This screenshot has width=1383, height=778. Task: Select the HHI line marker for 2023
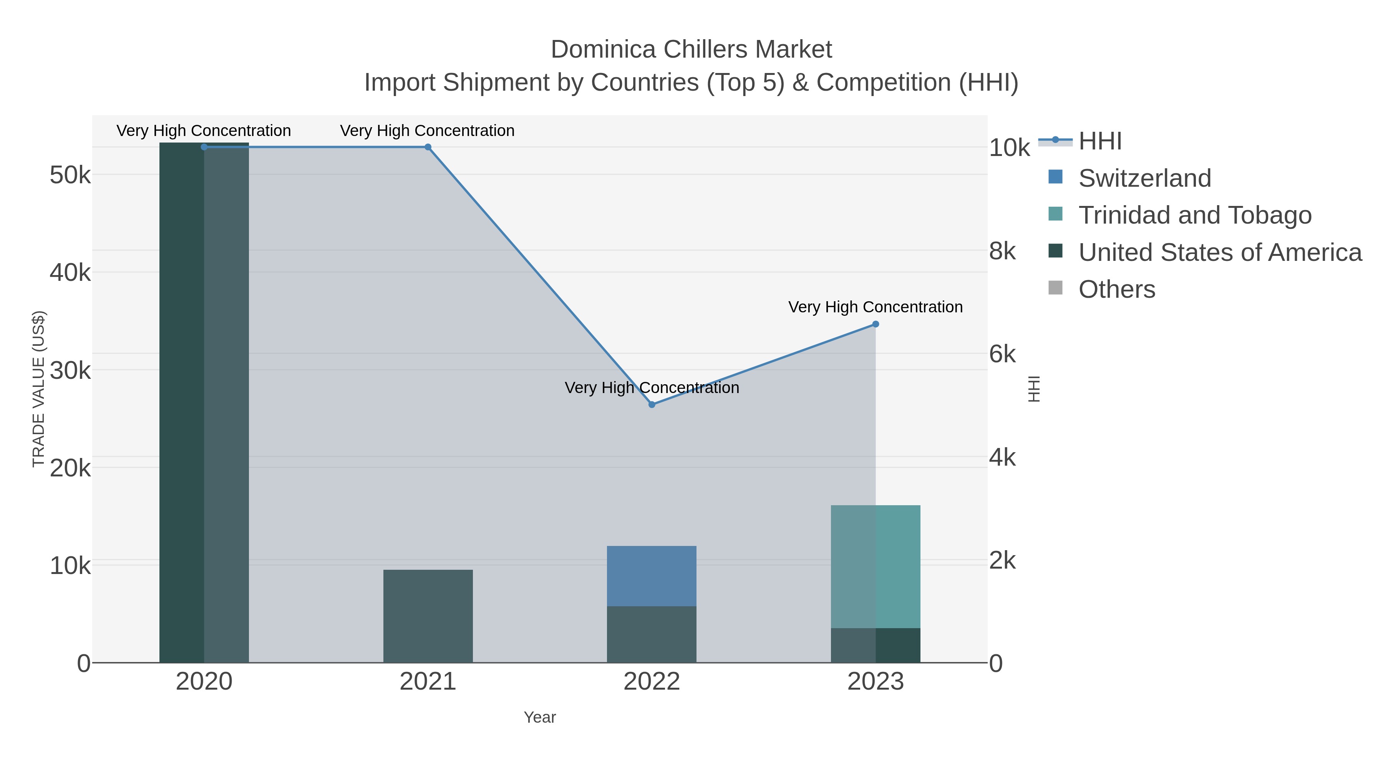click(x=875, y=324)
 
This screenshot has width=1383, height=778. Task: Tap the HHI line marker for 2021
click(x=428, y=147)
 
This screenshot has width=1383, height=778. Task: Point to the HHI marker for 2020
click(x=204, y=147)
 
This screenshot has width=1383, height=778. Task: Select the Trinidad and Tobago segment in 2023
click(x=875, y=566)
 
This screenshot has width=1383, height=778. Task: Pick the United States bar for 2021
click(x=428, y=616)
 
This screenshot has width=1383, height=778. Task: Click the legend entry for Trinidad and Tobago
click(x=1194, y=215)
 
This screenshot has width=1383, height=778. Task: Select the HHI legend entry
click(x=1099, y=141)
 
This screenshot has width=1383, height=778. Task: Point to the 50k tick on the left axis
click(x=70, y=175)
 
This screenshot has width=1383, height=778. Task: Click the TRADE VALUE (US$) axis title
click(x=39, y=389)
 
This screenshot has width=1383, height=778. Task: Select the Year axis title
click(x=540, y=717)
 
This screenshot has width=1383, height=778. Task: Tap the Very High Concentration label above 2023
click(x=875, y=307)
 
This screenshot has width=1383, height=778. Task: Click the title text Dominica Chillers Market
click(x=691, y=50)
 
